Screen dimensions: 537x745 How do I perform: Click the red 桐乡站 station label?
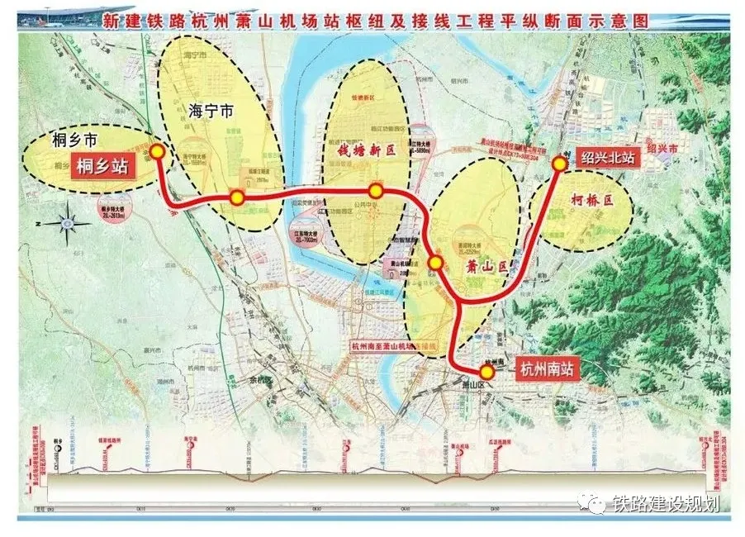click(102, 167)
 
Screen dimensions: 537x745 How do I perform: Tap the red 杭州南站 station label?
click(545, 370)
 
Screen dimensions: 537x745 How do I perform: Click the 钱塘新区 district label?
click(368, 151)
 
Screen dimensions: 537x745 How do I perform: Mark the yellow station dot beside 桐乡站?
click(156, 153)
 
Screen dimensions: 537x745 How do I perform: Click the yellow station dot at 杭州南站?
click(486, 373)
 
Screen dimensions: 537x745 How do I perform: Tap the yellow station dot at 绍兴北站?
click(558, 164)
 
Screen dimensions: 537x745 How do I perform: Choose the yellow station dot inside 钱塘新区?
click(377, 191)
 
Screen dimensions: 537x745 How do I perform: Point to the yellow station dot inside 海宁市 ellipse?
click(237, 197)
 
